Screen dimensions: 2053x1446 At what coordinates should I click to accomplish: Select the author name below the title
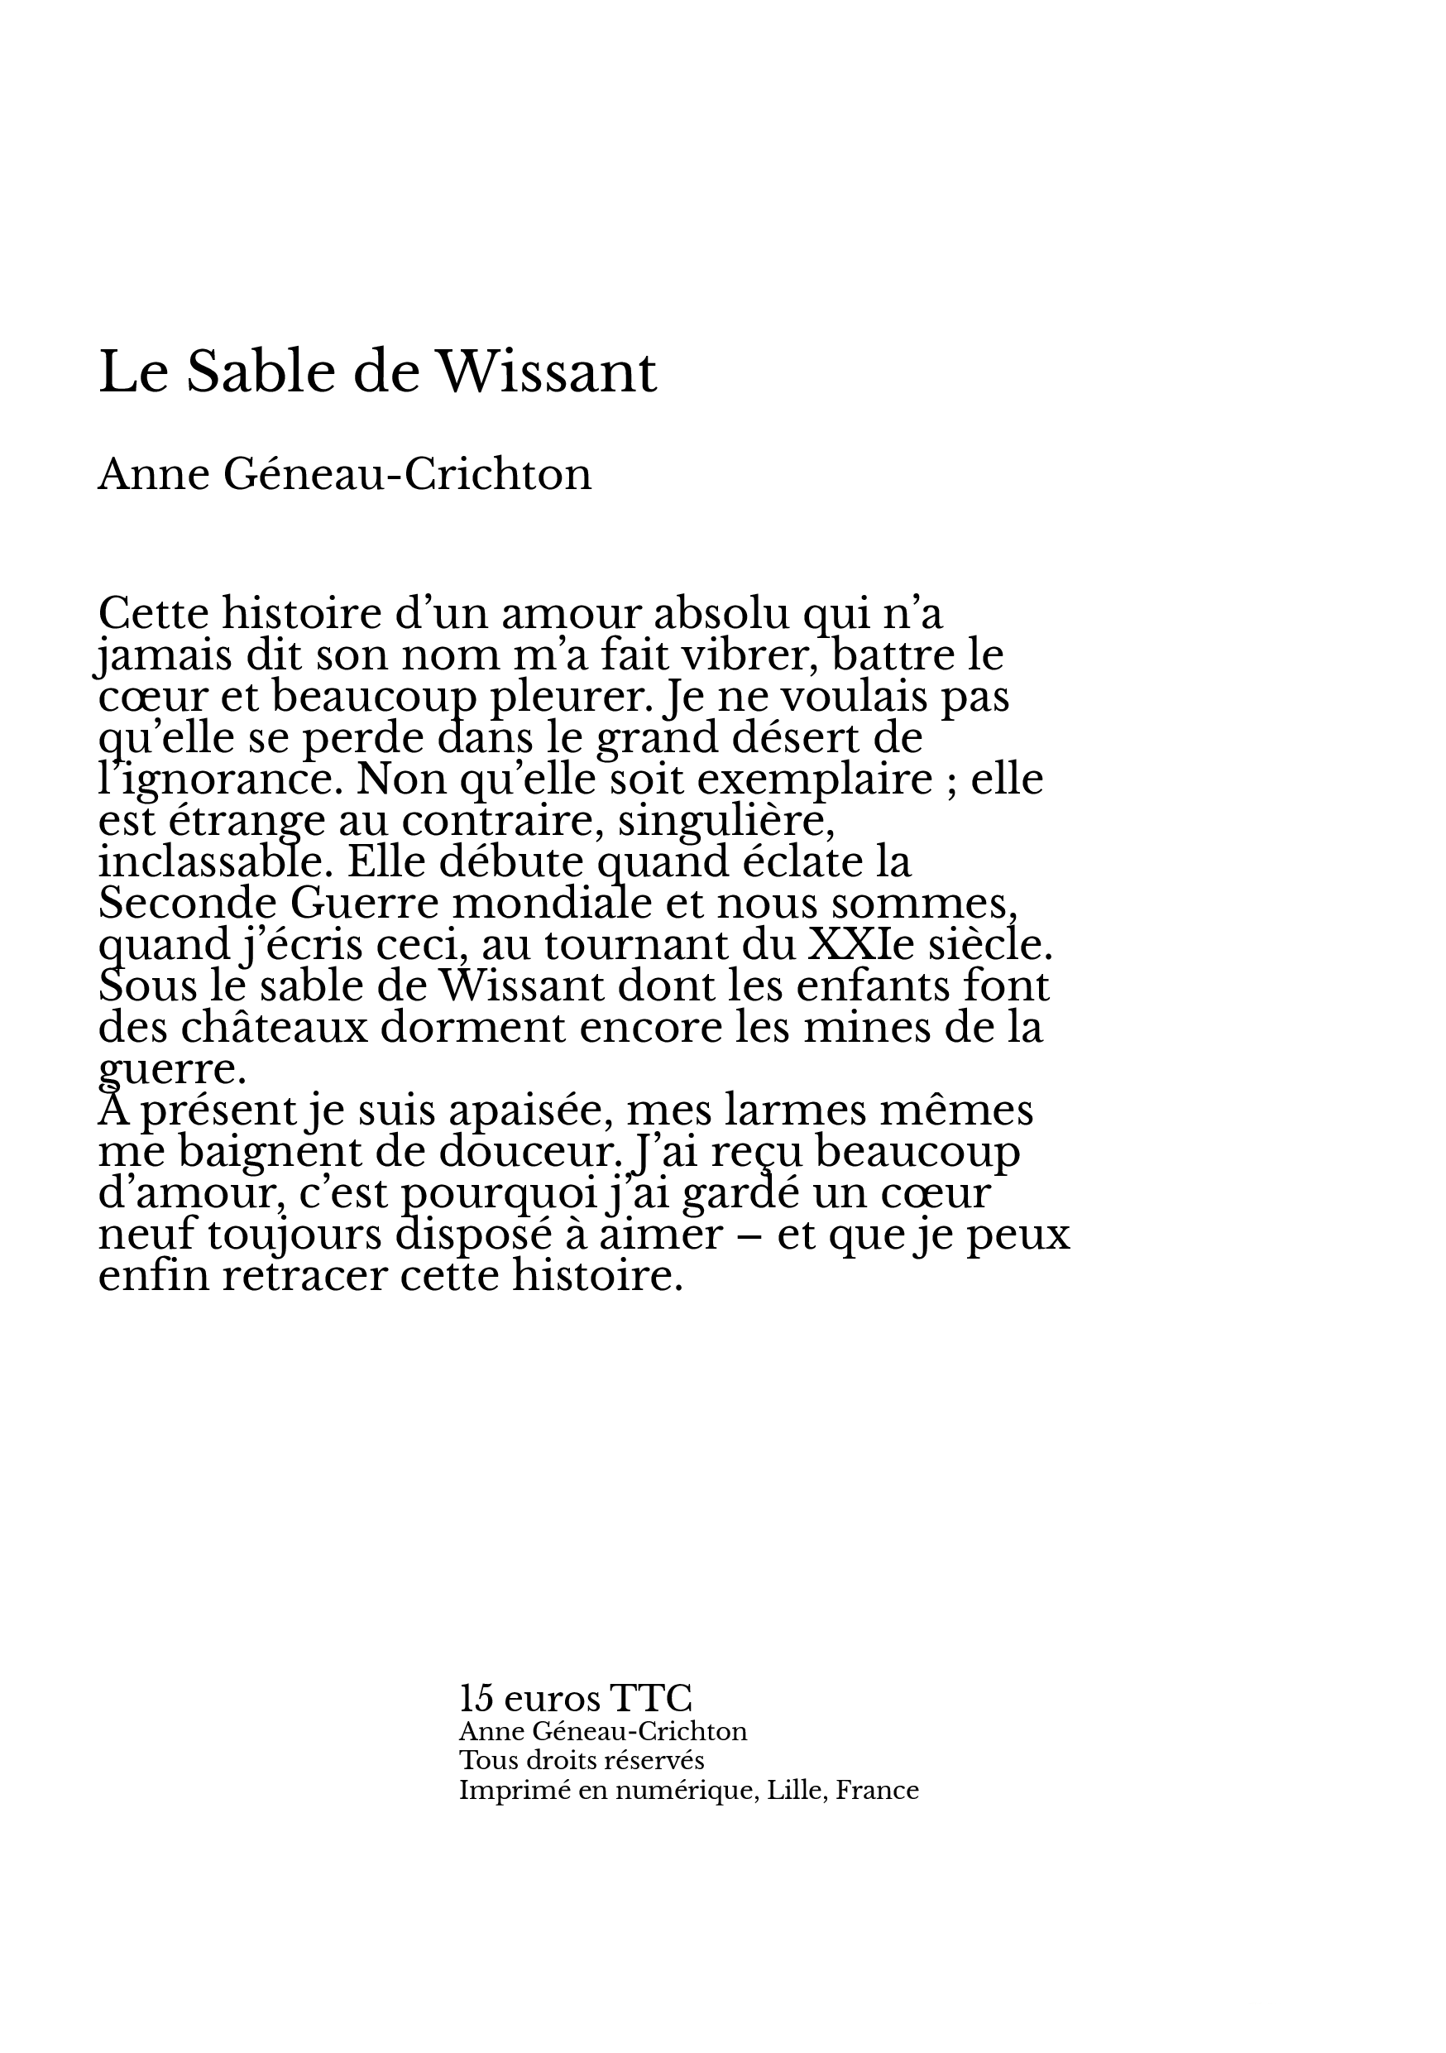(344, 474)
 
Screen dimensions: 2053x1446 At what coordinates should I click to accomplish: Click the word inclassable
(214, 862)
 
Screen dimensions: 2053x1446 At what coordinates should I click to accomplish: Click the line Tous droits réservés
(581, 1761)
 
